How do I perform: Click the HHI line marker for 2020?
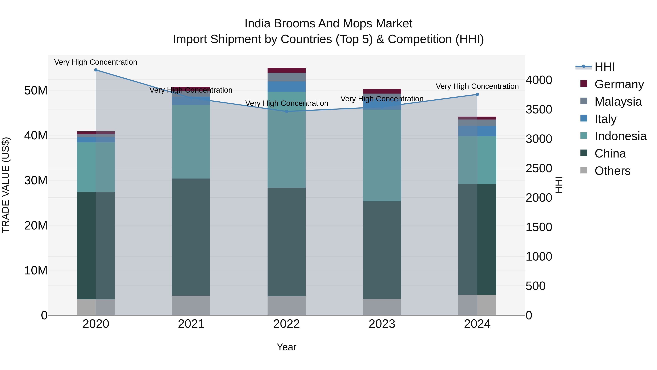click(x=96, y=70)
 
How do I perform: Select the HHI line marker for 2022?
click(x=286, y=111)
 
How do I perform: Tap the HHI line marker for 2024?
click(x=477, y=94)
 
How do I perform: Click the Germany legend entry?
click(x=619, y=84)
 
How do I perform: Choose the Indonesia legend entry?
click(x=620, y=136)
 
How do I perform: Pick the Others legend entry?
click(x=612, y=171)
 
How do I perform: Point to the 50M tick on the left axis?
click(x=36, y=91)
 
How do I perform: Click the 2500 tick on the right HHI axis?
click(x=539, y=168)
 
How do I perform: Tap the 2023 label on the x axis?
click(x=382, y=324)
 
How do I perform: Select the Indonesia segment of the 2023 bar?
click(x=382, y=155)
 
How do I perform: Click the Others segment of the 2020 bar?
click(x=96, y=307)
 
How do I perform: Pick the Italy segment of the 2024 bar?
click(x=477, y=131)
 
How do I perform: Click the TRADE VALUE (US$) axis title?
click(x=6, y=185)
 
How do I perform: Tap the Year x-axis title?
click(x=286, y=347)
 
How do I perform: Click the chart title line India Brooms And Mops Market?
click(x=328, y=24)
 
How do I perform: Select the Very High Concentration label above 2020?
click(x=96, y=62)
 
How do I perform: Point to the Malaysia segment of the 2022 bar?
click(x=286, y=77)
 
